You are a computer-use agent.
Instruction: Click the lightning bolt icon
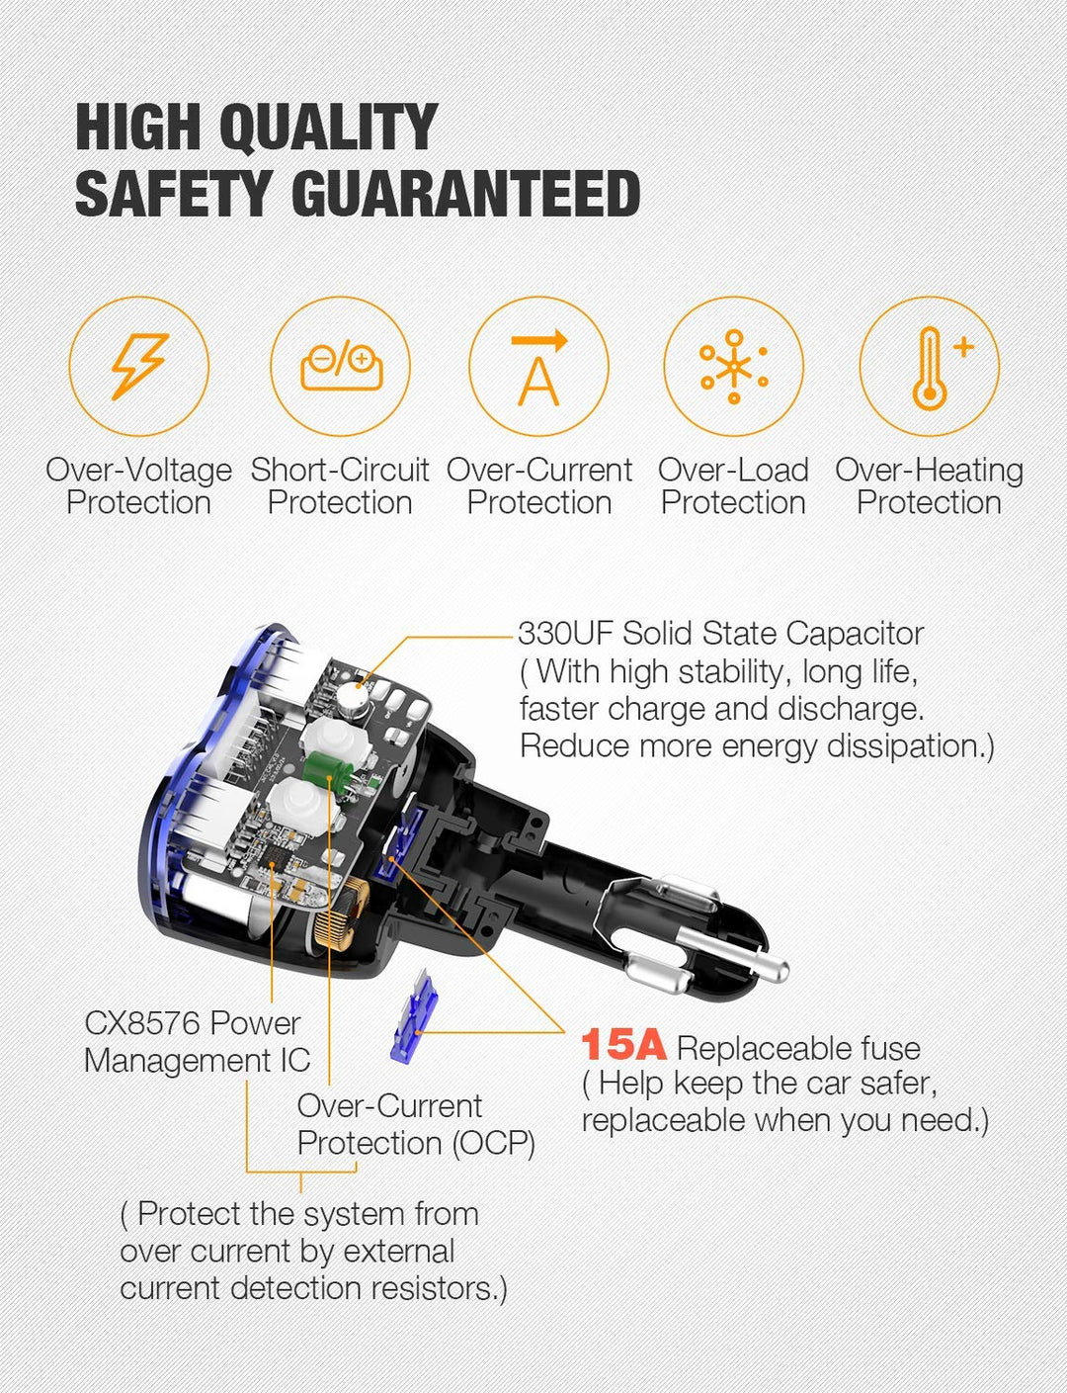pos(139,366)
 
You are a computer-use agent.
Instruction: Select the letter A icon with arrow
pos(539,368)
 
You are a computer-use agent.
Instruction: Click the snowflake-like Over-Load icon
pos(734,367)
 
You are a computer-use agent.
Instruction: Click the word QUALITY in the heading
pos(329,128)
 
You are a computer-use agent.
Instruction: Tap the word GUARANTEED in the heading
pos(465,193)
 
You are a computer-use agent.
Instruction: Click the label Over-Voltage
pos(139,470)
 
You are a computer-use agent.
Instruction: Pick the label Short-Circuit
pos(340,470)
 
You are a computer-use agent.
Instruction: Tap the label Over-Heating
pos(930,470)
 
